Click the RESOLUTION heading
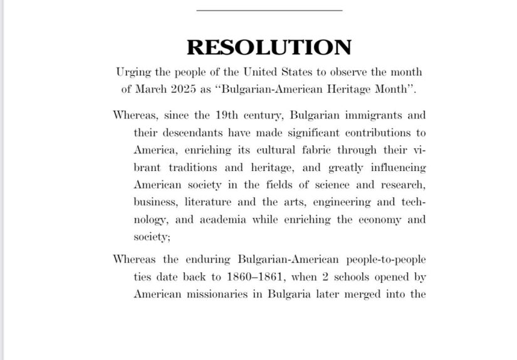tap(269, 48)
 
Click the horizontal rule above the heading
tap(269, 10)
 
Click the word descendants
tap(192, 133)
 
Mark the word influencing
tap(396, 168)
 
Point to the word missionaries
tap(221, 293)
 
